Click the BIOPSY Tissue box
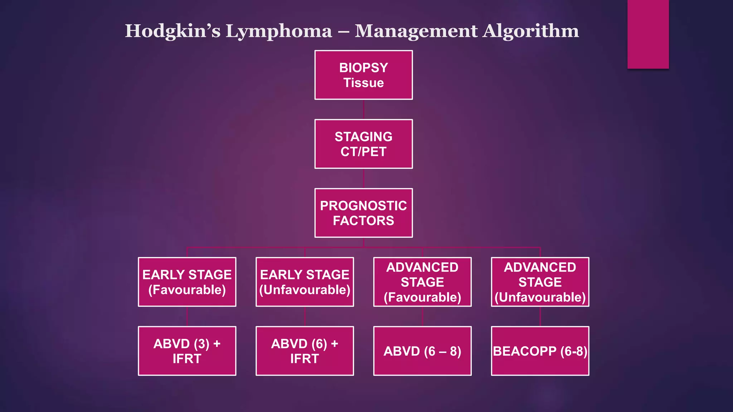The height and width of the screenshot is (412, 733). (363, 75)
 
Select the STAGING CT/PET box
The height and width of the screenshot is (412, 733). (363, 144)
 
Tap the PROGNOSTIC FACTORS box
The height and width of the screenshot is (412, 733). (363, 213)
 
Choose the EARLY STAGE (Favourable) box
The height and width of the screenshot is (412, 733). (187, 282)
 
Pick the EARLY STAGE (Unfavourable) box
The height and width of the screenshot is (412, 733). (305, 282)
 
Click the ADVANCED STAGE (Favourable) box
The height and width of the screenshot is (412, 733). (422, 282)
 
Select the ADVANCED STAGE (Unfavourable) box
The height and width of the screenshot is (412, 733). (540, 282)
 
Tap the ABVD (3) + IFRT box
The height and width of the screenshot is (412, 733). (187, 351)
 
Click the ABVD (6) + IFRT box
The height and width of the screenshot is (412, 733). (305, 351)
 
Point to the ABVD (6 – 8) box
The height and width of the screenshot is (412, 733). (422, 351)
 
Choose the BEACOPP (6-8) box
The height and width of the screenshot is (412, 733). (540, 351)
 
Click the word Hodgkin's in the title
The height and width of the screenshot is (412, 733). (173, 31)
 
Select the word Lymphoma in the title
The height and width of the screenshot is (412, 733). (278, 31)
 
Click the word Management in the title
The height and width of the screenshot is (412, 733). (416, 31)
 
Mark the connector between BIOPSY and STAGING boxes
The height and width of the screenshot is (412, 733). (364, 109)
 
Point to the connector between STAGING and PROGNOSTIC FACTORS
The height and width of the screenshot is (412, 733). (364, 178)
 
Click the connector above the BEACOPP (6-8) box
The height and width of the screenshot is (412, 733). (540, 317)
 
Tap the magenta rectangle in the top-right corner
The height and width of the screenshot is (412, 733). (648, 34)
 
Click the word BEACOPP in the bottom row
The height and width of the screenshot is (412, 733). (525, 351)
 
